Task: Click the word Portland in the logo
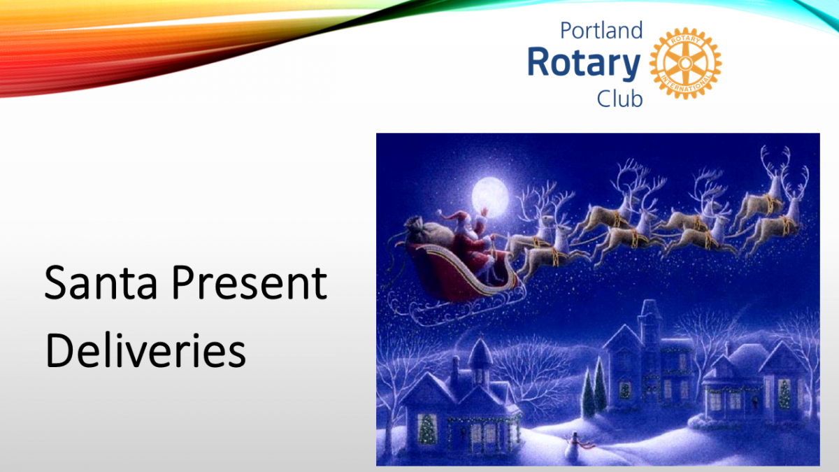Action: [601, 30]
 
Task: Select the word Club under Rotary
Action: [620, 99]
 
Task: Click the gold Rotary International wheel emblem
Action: [685, 64]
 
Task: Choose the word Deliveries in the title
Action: [145, 350]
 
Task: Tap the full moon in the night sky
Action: [490, 197]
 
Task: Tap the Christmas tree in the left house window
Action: [426, 429]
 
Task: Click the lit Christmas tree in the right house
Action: [784, 394]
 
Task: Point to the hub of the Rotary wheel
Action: [685, 64]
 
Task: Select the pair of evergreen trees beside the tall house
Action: [594, 387]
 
